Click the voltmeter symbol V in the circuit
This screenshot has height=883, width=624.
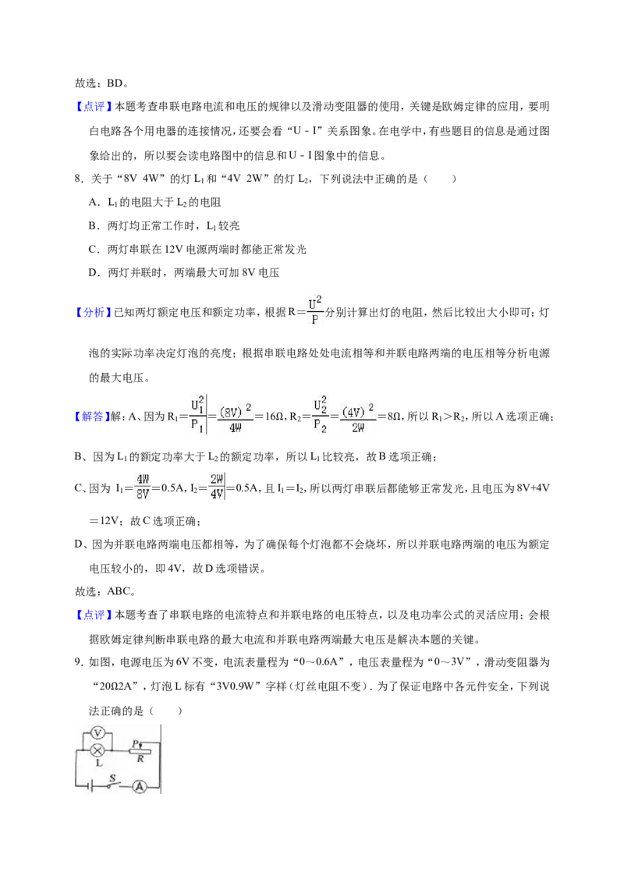(98, 732)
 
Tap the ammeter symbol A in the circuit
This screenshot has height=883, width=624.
(139, 787)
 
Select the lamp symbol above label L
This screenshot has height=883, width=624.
(98, 750)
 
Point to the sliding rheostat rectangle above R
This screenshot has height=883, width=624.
(140, 750)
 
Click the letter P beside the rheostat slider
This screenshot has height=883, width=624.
(135, 743)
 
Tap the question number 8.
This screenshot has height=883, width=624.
(78, 179)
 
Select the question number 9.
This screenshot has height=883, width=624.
(78, 661)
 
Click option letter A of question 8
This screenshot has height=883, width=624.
(93, 202)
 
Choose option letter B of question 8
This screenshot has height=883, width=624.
(93, 225)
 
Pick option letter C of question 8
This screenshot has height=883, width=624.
(93, 250)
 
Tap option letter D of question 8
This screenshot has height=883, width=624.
(93, 273)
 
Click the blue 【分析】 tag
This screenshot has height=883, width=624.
(92, 312)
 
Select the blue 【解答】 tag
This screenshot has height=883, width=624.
(92, 417)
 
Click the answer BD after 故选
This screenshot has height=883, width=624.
(115, 83)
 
